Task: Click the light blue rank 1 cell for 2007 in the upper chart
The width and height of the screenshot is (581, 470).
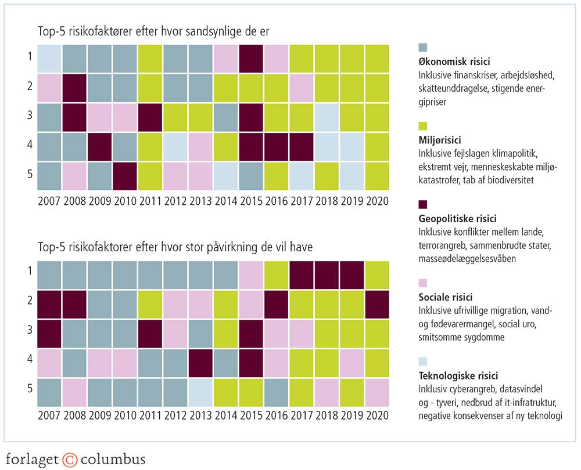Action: click(49, 59)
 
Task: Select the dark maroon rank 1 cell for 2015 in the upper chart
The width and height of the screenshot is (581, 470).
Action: click(251, 59)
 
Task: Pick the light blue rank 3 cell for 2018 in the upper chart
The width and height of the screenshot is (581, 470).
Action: click(327, 118)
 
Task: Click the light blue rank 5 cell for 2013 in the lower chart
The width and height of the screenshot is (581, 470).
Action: click(201, 392)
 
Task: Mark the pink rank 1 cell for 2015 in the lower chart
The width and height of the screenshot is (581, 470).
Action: click(251, 276)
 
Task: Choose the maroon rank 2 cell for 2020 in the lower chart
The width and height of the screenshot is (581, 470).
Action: click(377, 305)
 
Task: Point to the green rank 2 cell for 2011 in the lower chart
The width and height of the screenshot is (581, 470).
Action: click(150, 305)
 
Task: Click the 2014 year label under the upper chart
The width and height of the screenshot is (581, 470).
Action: click(226, 201)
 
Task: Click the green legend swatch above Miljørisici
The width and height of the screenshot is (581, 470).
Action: click(423, 126)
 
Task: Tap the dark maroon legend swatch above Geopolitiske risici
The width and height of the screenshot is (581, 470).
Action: click(423, 205)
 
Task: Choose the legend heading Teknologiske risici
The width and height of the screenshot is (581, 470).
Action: click(458, 375)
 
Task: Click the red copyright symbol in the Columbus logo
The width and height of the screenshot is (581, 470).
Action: click(70, 460)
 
